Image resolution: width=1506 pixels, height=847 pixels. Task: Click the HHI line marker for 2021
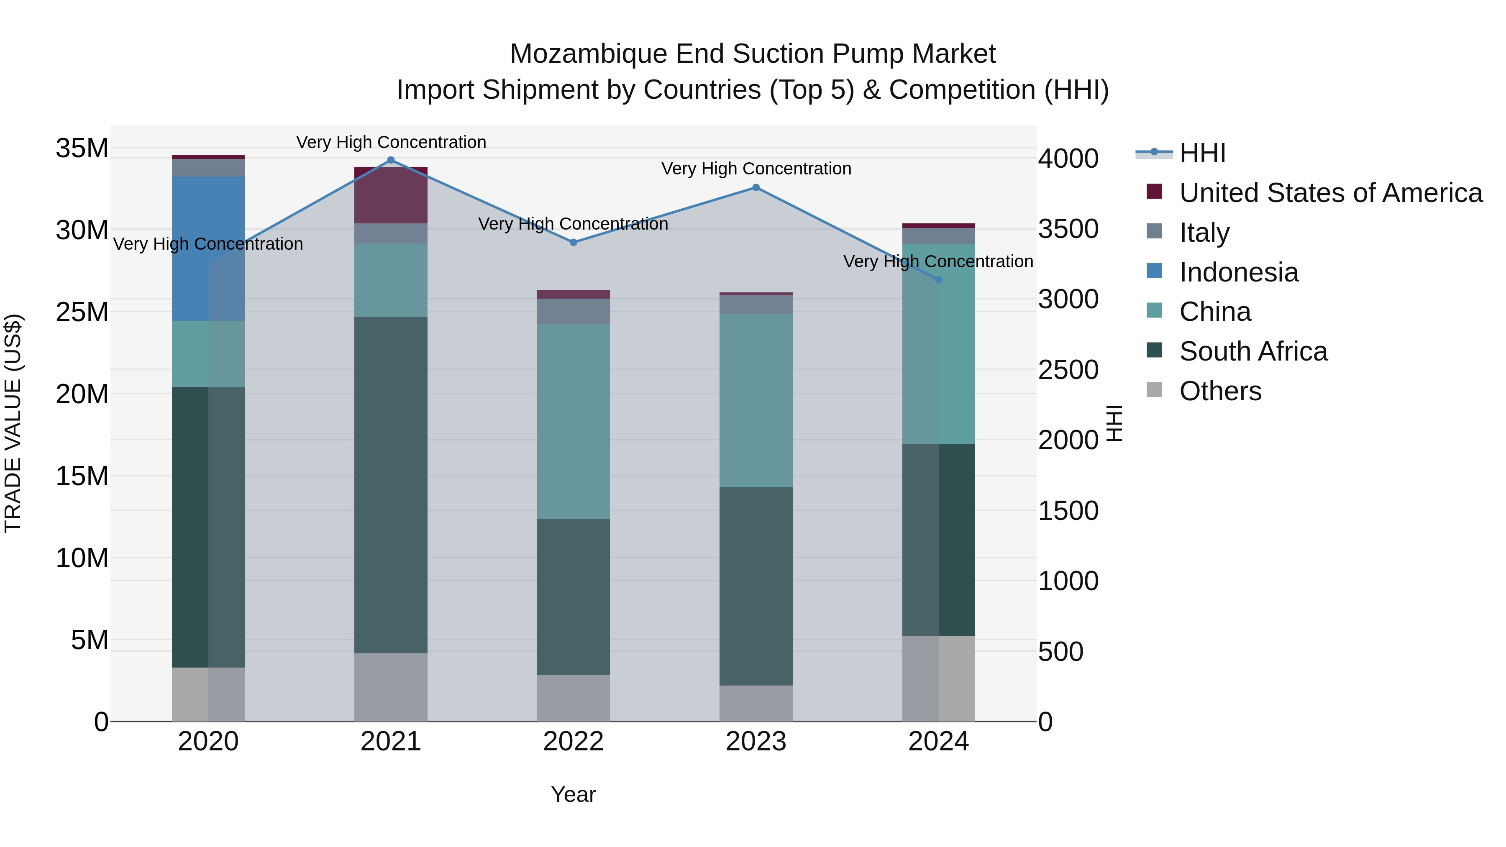tap(391, 160)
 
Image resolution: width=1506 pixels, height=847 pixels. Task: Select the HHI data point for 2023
tap(756, 188)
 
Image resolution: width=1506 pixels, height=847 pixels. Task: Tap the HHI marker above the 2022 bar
tap(574, 242)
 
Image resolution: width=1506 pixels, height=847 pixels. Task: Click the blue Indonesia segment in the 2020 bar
tap(208, 248)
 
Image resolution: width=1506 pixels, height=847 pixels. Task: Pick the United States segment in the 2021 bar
tap(391, 195)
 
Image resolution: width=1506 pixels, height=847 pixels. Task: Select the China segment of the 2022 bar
tap(573, 421)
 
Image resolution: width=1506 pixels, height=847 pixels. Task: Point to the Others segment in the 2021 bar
tap(391, 687)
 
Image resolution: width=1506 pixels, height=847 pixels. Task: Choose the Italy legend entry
tap(1204, 233)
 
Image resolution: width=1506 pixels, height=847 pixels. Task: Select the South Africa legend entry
tap(1253, 351)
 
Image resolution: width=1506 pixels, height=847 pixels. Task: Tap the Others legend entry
tap(1220, 391)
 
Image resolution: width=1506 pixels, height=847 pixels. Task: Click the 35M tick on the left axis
tap(82, 148)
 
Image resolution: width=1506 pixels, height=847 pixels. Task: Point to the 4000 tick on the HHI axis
tap(1068, 159)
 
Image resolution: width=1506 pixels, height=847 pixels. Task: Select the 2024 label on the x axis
tap(938, 742)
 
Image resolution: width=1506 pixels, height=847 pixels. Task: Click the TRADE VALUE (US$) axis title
tap(13, 423)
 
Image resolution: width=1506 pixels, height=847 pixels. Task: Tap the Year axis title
tap(573, 794)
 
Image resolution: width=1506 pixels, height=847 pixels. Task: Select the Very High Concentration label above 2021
tap(391, 142)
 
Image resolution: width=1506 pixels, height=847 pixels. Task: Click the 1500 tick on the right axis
tap(1068, 511)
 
